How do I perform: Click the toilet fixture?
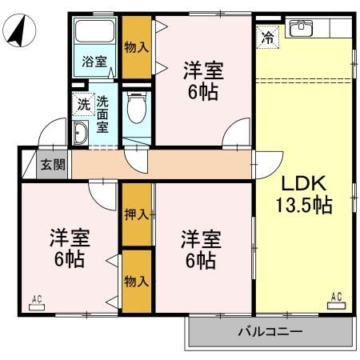(136, 107)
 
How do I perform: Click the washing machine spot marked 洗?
(82, 104)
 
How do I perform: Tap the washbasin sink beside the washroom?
(80, 134)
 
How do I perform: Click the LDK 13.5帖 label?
(306, 194)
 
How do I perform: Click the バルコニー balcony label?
(268, 330)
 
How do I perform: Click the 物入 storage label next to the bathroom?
(136, 48)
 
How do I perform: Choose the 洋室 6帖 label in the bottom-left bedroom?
(70, 248)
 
